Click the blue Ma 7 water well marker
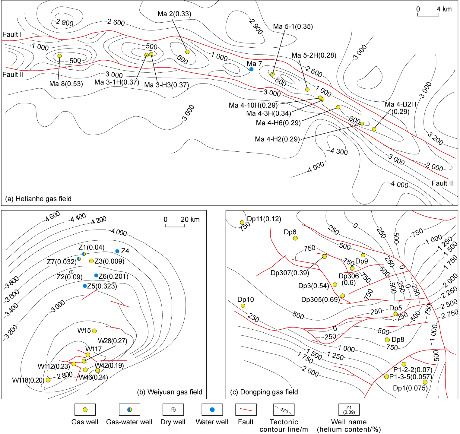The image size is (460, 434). point(251,69)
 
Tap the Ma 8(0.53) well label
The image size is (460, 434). point(66,84)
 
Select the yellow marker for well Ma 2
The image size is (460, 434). point(187,52)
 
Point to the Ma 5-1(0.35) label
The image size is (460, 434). point(293,27)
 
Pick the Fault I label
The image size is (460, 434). point(12,34)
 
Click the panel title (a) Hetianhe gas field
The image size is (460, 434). point(38,199)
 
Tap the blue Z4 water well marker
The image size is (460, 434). point(117,251)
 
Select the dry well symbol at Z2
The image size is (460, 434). point(71,272)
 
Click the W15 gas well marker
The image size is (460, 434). point(94,331)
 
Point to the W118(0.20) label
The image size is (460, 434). point(28,380)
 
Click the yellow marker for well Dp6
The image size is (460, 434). point(295,238)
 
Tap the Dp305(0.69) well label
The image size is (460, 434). point(320,300)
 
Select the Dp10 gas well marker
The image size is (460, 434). point(243,306)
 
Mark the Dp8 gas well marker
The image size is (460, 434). point(387,340)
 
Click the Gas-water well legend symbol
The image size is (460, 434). point(129,410)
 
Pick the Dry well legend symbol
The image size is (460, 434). point(173,410)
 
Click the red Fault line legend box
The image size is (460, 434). point(246,410)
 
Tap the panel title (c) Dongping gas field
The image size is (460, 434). point(264,392)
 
